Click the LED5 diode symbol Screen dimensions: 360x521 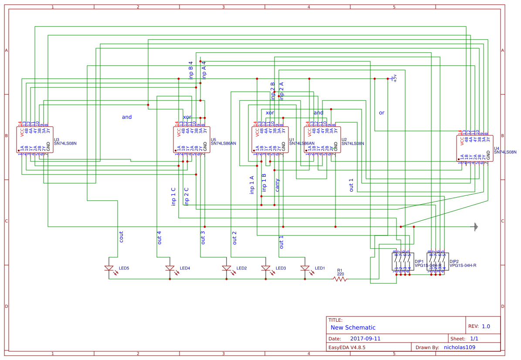tap(109, 268)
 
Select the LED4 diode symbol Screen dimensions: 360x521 tap(170, 268)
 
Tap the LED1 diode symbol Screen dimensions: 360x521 tap(305, 268)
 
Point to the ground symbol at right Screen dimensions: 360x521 tap(476, 227)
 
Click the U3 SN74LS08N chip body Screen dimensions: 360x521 tap(34, 140)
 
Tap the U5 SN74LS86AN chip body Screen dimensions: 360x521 tap(192, 140)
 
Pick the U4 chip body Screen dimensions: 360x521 tap(475, 148)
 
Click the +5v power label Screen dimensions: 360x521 tap(395, 78)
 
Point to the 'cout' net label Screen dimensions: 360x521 tap(121, 236)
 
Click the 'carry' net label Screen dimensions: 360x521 tap(277, 185)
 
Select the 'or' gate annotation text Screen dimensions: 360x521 tap(382, 113)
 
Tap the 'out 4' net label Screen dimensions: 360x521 tap(159, 237)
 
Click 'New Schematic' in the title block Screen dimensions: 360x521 tap(353, 327)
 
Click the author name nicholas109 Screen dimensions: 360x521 tap(459, 347)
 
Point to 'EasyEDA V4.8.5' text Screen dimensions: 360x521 tap(346, 347)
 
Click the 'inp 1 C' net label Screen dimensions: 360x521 tap(173, 196)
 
